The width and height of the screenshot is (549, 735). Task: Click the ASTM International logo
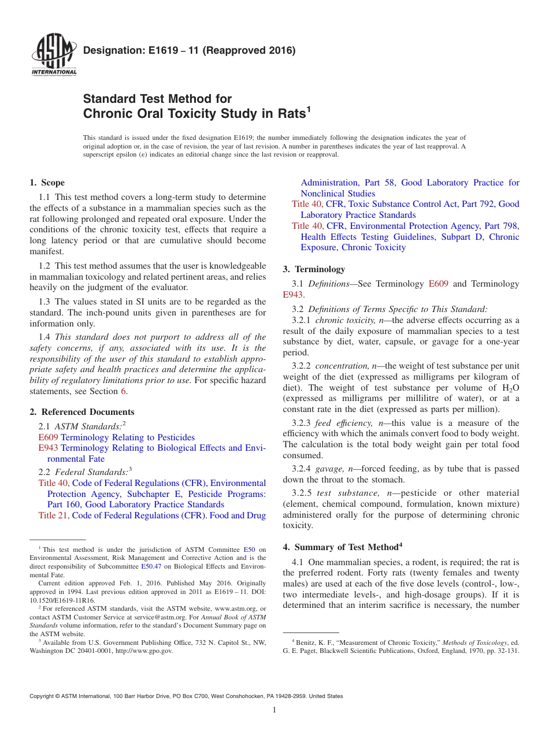53,54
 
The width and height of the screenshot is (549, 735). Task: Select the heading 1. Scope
47,183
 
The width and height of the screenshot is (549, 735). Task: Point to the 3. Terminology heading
314,269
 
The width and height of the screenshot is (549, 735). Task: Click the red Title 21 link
54,515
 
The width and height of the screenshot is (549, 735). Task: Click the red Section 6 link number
123,391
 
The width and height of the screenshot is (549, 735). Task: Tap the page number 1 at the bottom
274,710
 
